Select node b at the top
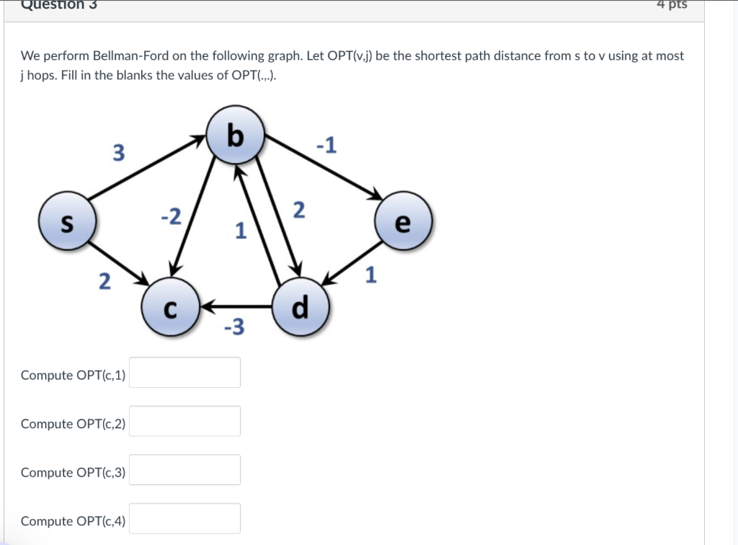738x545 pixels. pos(235,136)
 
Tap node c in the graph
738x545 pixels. pos(169,308)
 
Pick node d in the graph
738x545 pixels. pos(301,308)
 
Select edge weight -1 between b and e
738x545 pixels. pos(326,146)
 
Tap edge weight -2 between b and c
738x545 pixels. pos(172,216)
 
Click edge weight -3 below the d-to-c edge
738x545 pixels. pos(234,328)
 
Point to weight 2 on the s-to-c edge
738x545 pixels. pos(105,282)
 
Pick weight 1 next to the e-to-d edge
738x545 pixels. pos(371,275)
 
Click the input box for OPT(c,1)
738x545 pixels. pos(184,373)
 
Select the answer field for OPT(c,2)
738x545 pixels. pos(184,421)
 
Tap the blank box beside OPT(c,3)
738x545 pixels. pos(184,470)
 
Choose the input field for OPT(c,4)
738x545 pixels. pos(184,518)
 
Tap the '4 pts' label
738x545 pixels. pos(672,5)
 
